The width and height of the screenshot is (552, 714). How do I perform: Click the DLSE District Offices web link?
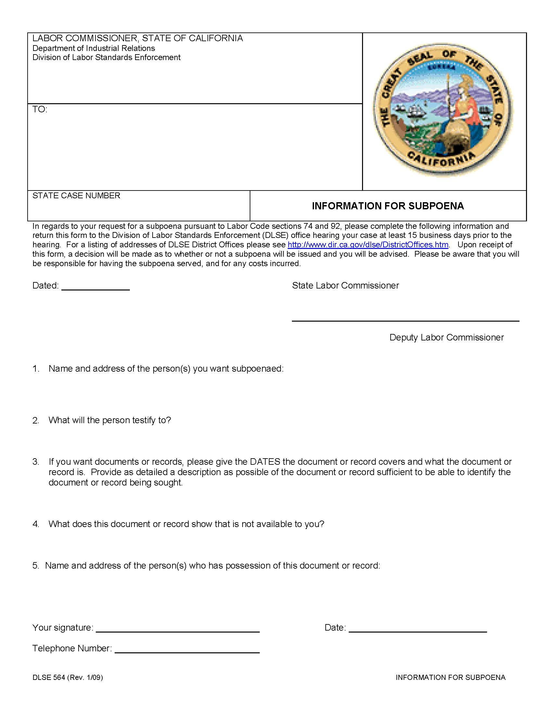368,244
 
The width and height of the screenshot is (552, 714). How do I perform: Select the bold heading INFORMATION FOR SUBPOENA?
387,206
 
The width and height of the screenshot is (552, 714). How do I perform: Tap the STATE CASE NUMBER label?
76,195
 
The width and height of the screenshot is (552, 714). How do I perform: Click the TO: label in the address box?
40,109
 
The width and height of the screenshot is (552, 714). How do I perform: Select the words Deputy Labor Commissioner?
446,338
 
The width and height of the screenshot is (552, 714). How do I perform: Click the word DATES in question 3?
265,462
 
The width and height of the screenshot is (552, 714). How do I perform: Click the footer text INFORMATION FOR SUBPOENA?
450,677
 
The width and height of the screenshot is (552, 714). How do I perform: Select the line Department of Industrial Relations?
94,48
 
